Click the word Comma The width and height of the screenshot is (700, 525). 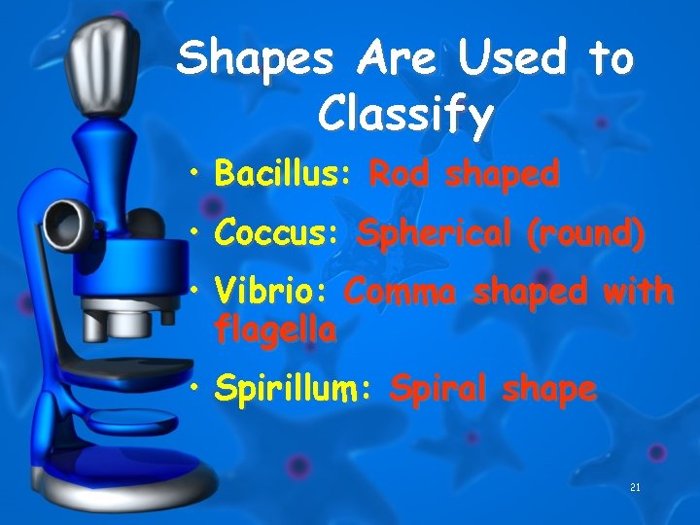click(402, 292)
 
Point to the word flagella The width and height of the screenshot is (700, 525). click(276, 331)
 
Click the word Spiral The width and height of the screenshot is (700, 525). click(439, 390)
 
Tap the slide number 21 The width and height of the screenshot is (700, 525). click(634, 486)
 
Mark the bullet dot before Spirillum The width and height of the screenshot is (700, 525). click(196, 391)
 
